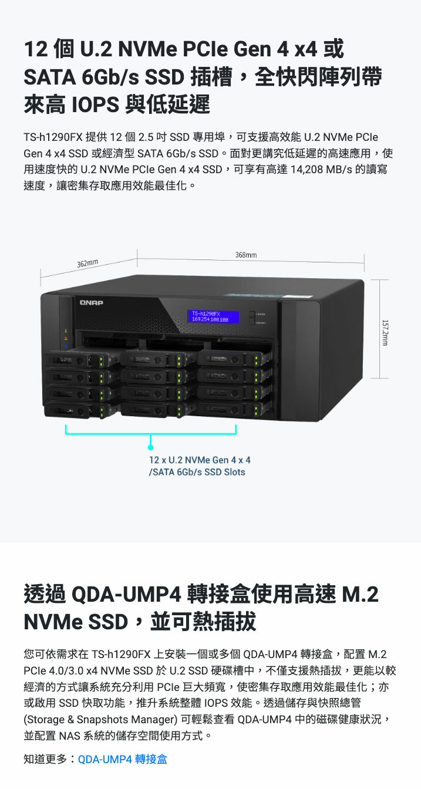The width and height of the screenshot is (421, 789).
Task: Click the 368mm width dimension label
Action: tap(245, 255)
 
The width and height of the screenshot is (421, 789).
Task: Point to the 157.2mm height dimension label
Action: tap(385, 332)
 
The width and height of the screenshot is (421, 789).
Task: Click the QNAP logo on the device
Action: tap(92, 302)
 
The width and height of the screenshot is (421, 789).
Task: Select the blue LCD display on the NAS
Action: tap(213, 317)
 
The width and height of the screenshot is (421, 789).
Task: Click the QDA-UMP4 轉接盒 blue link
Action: tap(122, 759)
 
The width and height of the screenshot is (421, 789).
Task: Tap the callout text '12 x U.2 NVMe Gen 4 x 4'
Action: tap(200, 460)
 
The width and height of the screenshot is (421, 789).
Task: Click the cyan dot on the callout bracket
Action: tap(151, 447)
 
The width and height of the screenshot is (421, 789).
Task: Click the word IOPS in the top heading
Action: tap(96, 104)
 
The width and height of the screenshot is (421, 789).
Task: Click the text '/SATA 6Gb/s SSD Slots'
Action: tap(197, 472)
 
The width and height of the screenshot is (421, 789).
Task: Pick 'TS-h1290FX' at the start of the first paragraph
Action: tap(52, 137)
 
